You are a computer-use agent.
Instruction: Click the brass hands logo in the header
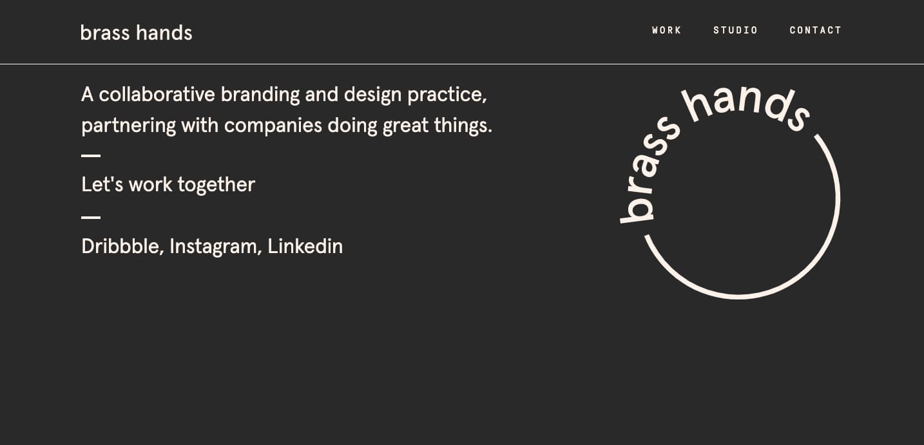coord(136,33)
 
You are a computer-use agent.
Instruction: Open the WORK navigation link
coord(667,30)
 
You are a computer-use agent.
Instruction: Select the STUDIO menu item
coord(735,30)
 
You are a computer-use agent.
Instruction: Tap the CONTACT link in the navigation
coord(816,30)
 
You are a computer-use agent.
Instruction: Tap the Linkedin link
coord(305,246)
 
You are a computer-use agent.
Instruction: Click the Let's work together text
coord(168,185)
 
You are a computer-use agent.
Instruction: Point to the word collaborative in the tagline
coord(157,95)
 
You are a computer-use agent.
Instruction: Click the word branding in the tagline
coord(260,95)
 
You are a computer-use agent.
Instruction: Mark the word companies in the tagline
coord(273,126)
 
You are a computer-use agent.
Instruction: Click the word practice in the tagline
coord(447,95)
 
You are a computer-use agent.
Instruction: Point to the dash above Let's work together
coord(91,156)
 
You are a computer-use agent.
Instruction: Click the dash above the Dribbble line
coord(91,217)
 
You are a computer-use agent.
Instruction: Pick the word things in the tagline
coord(463,126)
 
